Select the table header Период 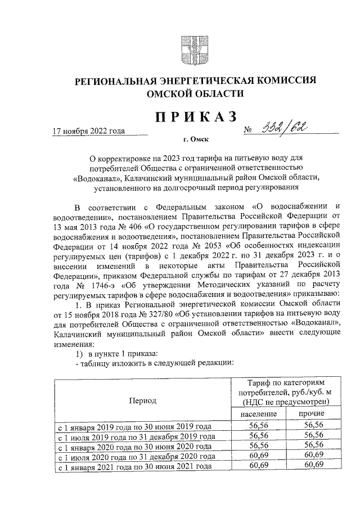(142, 400)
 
